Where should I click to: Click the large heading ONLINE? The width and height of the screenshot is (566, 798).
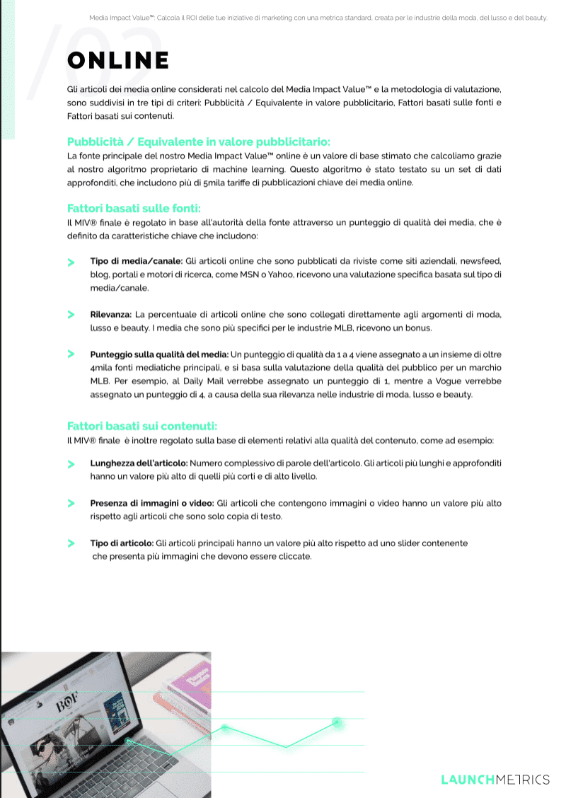[x=118, y=60]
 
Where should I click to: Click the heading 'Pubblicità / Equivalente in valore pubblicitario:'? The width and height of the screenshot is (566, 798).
[x=198, y=141]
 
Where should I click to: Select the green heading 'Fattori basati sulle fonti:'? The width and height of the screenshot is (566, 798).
[x=134, y=208]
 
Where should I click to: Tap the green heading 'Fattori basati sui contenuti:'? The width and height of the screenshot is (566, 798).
[x=141, y=426]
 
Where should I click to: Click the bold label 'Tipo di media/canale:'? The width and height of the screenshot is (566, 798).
[x=137, y=261]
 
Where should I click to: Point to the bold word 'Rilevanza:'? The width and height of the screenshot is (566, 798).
[x=111, y=314]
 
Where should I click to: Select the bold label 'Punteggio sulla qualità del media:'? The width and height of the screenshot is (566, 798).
[x=159, y=354]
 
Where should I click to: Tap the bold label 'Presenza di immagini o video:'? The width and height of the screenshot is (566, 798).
[x=152, y=503]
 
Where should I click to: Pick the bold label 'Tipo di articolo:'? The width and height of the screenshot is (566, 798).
[x=122, y=543]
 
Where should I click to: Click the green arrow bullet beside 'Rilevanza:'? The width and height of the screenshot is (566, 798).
[x=71, y=314]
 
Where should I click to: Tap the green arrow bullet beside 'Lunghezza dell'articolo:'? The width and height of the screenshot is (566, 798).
[x=71, y=463]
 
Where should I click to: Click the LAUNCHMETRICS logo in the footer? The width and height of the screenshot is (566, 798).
[x=495, y=780]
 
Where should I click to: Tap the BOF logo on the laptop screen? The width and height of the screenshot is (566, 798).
[x=67, y=705]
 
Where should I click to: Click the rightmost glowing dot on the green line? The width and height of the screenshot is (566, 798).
[x=337, y=722]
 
